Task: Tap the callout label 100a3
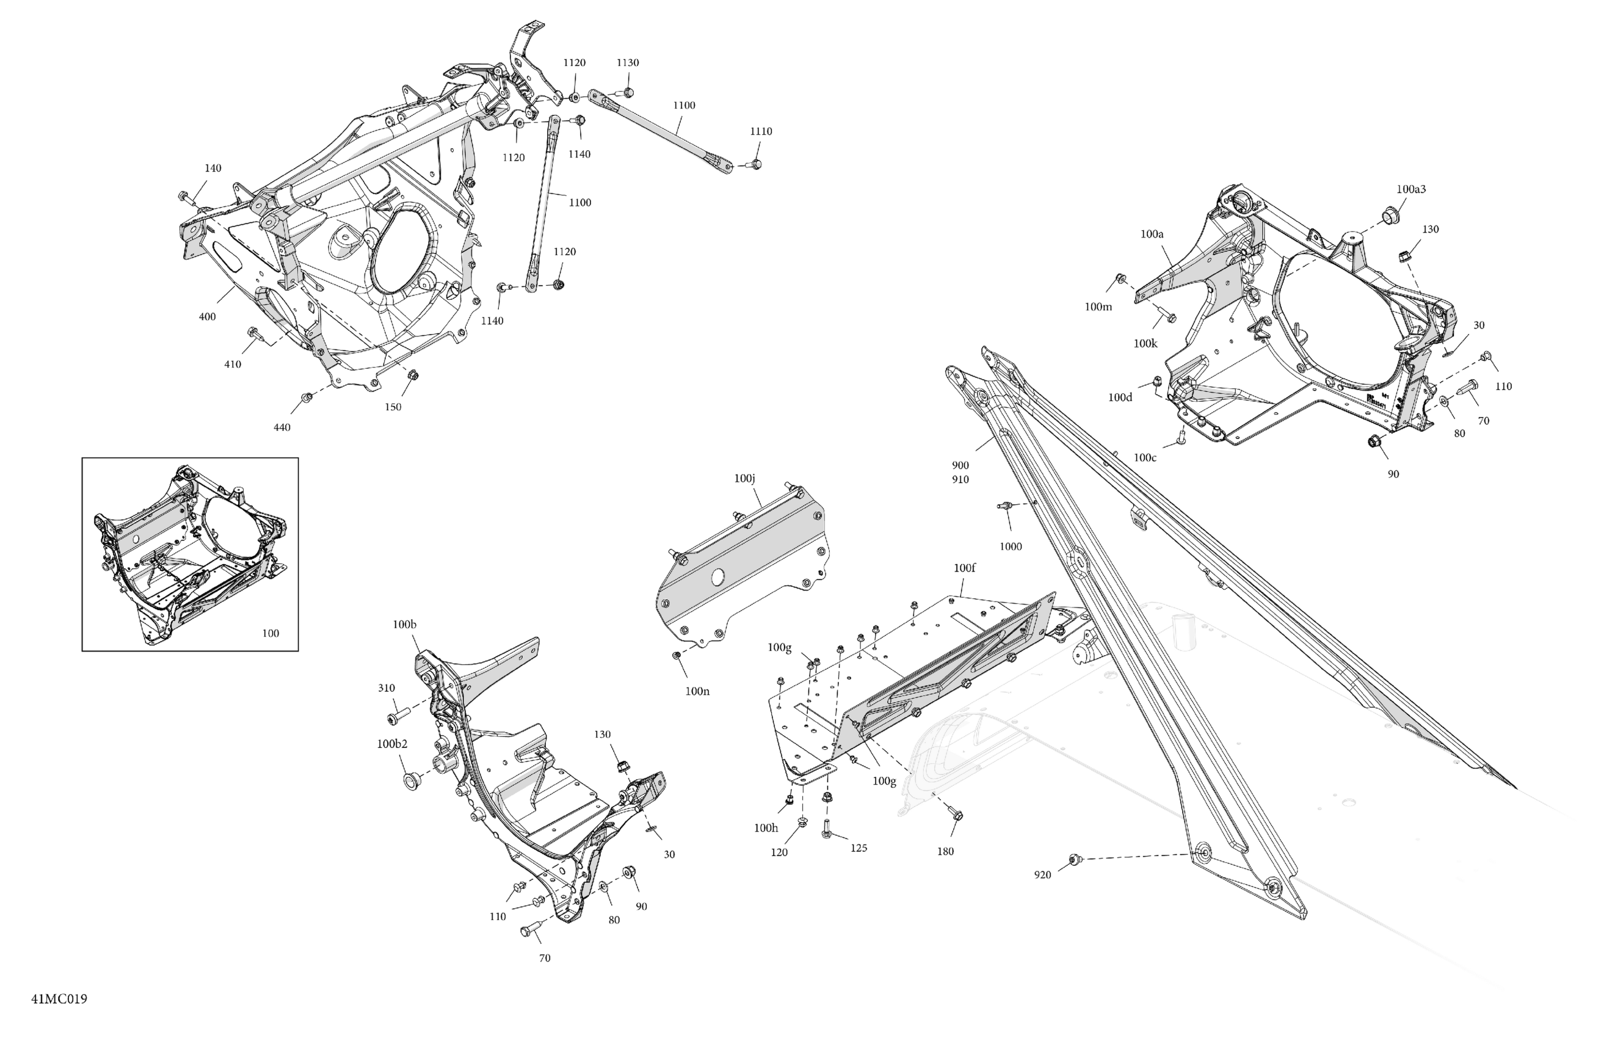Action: pyautogui.click(x=1410, y=190)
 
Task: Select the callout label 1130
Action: pyautogui.click(x=628, y=62)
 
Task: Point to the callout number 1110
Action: pyautogui.click(x=761, y=132)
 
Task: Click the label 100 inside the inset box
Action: pyautogui.click(x=270, y=633)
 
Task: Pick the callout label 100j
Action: pyautogui.click(x=745, y=478)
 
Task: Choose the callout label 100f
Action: pyautogui.click(x=964, y=568)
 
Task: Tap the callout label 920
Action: pyautogui.click(x=1042, y=875)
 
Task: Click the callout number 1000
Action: pyautogui.click(x=1011, y=547)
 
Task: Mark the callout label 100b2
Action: pyautogui.click(x=391, y=744)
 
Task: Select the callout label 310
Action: pyautogui.click(x=386, y=688)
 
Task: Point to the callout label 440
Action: pyautogui.click(x=282, y=428)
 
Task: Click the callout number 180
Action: pyautogui.click(x=945, y=852)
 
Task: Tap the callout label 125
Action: pyautogui.click(x=859, y=848)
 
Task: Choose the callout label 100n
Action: pyautogui.click(x=697, y=691)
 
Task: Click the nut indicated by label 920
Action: pyautogui.click(x=1074, y=859)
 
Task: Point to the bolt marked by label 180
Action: pyautogui.click(x=957, y=814)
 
